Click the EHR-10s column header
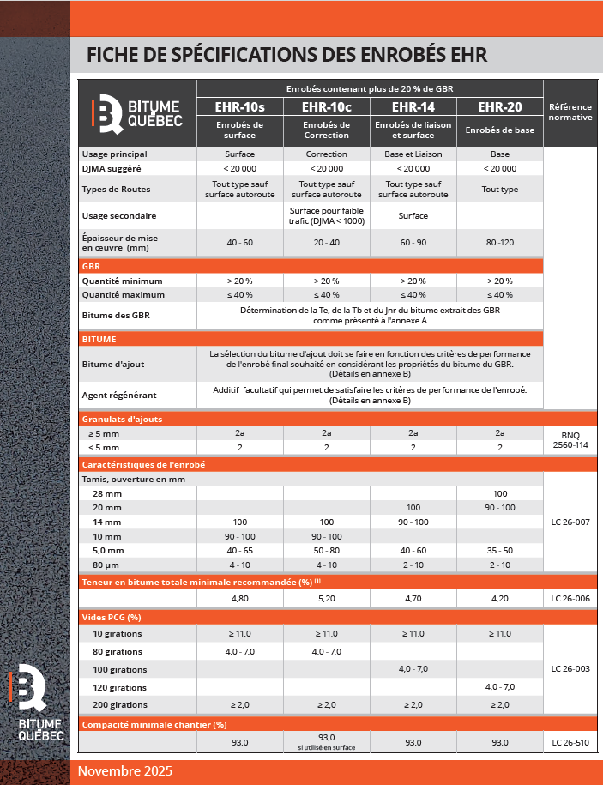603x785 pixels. pos(239,107)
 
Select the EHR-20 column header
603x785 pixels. pos(499,107)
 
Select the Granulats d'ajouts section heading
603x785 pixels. pos(122,419)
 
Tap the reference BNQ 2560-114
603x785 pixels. pos(570,440)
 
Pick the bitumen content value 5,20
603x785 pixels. pos(326,599)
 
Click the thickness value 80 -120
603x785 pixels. pos(499,243)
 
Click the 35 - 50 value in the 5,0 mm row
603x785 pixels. pos(499,550)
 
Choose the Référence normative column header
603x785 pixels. pos(570,112)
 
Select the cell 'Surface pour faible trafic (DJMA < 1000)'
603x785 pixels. pos(326,215)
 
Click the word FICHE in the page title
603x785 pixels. pos(112,55)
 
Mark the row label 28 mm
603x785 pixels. pos(107,493)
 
